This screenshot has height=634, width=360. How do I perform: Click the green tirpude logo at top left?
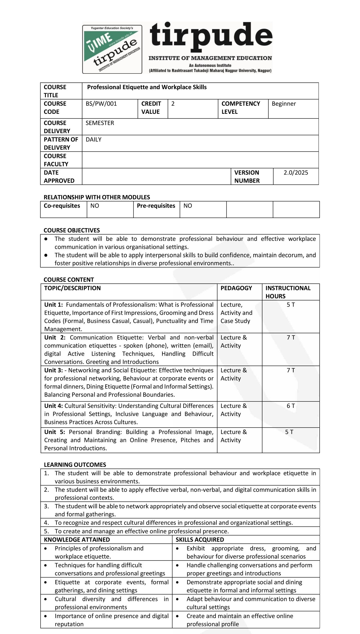(x=112, y=49)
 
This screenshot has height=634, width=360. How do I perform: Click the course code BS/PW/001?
(x=101, y=104)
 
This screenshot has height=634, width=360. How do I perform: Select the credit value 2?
(x=173, y=104)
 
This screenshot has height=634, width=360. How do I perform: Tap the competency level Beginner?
(x=284, y=104)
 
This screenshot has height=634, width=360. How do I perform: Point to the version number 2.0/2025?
(x=296, y=173)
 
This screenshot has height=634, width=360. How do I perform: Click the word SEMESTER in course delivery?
(x=100, y=123)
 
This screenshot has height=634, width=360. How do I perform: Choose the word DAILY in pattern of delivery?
(x=93, y=140)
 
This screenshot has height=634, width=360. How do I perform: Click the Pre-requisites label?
(x=156, y=206)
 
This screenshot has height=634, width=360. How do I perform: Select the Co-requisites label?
(x=62, y=206)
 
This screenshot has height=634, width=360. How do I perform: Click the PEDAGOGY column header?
(x=236, y=288)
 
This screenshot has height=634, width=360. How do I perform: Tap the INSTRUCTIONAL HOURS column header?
(x=288, y=292)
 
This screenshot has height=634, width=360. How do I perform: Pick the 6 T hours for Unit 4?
(x=291, y=406)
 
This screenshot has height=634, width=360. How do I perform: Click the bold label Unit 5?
(x=55, y=432)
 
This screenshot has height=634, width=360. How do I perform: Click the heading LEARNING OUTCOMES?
(x=75, y=465)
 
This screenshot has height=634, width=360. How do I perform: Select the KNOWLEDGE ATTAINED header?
(x=77, y=540)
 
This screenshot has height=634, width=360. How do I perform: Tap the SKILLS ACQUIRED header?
(x=200, y=540)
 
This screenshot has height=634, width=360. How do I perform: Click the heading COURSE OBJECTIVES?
(x=72, y=230)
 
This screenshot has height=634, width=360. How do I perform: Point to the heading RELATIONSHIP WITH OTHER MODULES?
(x=97, y=197)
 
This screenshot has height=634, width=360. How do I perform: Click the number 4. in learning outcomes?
(x=46, y=523)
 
